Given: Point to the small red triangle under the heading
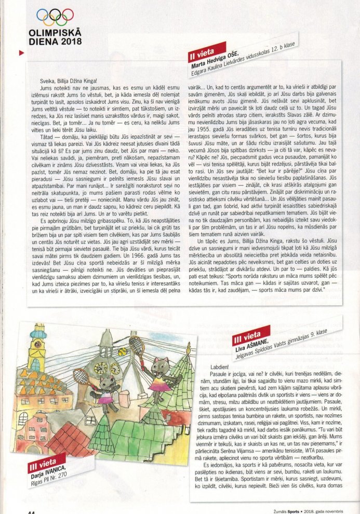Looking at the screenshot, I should (21, 52).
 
